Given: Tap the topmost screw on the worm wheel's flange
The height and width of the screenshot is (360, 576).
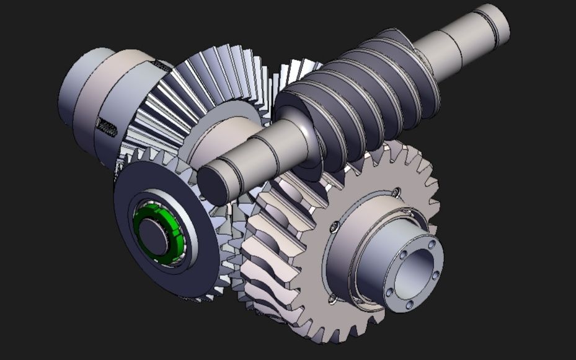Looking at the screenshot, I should click(396, 191).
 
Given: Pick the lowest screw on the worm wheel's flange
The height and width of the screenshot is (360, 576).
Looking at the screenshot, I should click(333, 299).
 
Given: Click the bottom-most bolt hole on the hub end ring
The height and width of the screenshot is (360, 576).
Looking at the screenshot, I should click(409, 304).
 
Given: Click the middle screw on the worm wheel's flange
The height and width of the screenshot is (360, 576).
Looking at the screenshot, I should click(334, 227).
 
